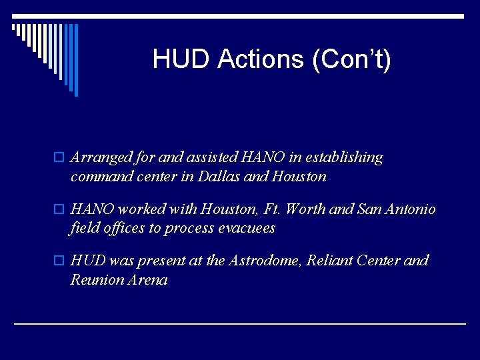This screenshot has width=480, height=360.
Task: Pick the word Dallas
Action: click(x=238, y=177)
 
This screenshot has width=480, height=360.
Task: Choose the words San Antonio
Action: click(x=398, y=209)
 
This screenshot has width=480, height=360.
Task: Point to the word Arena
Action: click(x=149, y=279)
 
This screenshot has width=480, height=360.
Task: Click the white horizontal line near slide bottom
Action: click(x=240, y=323)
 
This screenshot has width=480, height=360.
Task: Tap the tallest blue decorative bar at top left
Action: click(x=75, y=60)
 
